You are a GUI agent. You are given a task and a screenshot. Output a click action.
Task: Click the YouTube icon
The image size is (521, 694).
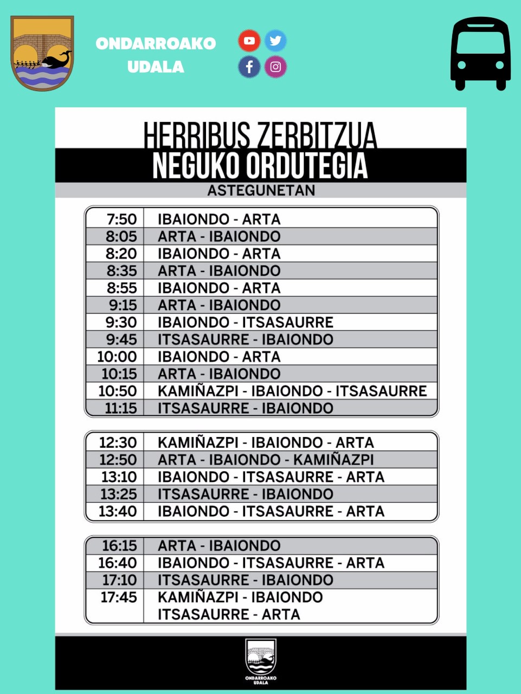tap(249, 41)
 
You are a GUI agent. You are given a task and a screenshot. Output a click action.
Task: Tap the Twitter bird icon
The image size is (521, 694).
tap(275, 41)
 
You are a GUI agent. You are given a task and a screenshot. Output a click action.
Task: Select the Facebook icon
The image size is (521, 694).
tap(249, 67)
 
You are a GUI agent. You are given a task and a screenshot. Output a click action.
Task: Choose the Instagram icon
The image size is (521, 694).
tap(275, 67)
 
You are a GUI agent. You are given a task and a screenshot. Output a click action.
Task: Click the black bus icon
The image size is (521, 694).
tap(480, 54)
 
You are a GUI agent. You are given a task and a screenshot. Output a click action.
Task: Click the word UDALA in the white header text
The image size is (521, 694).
tap(156, 67)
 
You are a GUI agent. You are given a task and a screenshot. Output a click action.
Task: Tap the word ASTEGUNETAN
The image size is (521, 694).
tap(261, 190)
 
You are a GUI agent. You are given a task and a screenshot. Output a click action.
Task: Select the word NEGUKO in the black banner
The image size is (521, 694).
tap(196, 166)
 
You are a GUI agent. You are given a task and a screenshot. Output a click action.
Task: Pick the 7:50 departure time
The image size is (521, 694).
tap(121, 219)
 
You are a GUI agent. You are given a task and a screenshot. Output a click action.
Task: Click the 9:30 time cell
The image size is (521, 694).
tap(121, 322)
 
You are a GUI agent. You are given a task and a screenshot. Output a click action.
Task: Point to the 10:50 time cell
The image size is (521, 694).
tap(117, 391)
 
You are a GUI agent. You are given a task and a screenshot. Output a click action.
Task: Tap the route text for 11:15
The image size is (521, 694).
tap(245, 408)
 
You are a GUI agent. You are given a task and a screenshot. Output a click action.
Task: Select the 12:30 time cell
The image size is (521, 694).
tap(118, 442)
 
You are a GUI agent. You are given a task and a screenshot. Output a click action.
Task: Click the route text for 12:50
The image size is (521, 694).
tap(266, 460)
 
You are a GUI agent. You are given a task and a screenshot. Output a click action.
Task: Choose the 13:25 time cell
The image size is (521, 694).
tap(119, 494)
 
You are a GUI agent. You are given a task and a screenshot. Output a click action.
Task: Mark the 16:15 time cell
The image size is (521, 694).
tap(119, 545)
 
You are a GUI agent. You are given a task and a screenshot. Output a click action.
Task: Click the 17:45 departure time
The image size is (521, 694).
tap(119, 597)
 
